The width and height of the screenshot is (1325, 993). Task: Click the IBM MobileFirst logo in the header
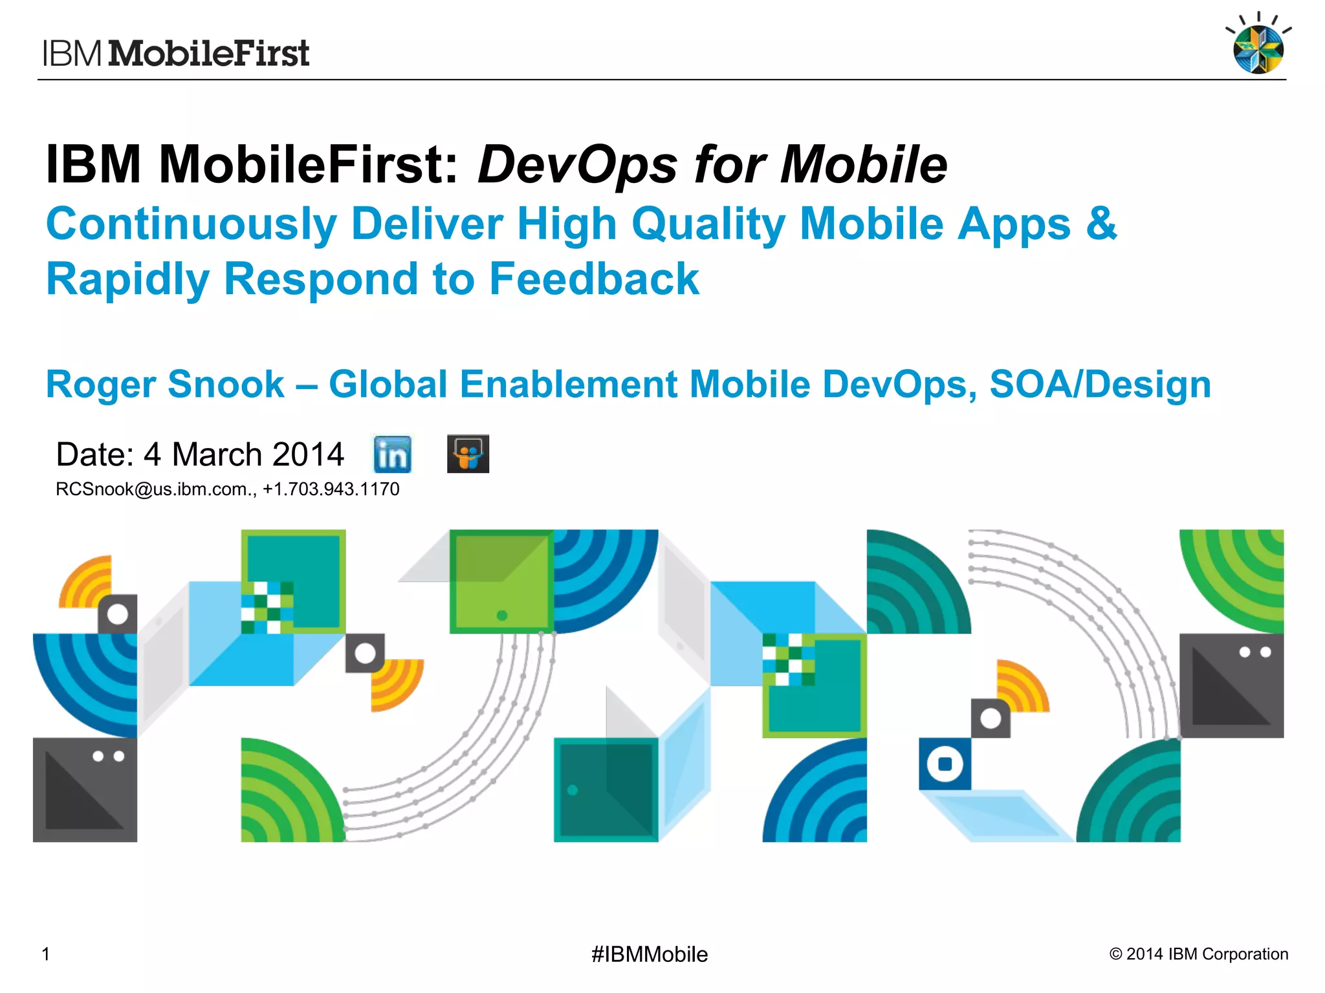[x=176, y=53]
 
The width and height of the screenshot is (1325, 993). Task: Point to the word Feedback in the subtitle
[x=593, y=279]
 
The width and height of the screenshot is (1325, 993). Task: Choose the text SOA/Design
[x=1100, y=384]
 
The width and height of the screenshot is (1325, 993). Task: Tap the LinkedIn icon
[x=392, y=454]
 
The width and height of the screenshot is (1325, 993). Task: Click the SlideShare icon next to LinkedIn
[x=468, y=454]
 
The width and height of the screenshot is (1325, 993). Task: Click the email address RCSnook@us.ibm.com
[x=154, y=489]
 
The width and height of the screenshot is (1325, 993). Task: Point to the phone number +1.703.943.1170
[x=331, y=489]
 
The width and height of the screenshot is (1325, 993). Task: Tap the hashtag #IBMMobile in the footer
[x=649, y=954]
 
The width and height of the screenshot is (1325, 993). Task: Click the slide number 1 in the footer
[x=46, y=954]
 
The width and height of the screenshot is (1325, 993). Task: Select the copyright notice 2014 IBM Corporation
[x=1198, y=954]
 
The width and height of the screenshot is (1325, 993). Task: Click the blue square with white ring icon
[x=945, y=764]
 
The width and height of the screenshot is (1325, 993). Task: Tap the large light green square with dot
[x=501, y=582]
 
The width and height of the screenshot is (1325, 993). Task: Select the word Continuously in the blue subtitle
[x=191, y=224]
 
